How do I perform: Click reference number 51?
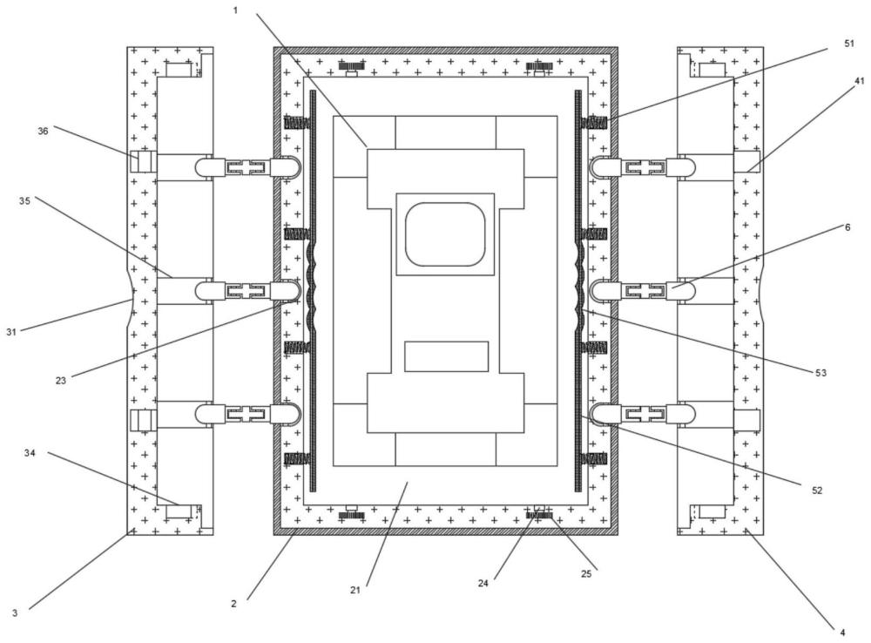tap(848, 44)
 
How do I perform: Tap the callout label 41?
tap(860, 80)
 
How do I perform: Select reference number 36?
tap(43, 132)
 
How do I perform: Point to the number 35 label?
tap(24, 201)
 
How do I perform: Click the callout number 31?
tap(11, 332)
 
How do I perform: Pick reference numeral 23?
tap(61, 381)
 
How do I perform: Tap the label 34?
tap(30, 453)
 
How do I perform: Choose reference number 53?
tap(820, 372)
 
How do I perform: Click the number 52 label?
tap(817, 491)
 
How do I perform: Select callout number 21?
tap(355, 590)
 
